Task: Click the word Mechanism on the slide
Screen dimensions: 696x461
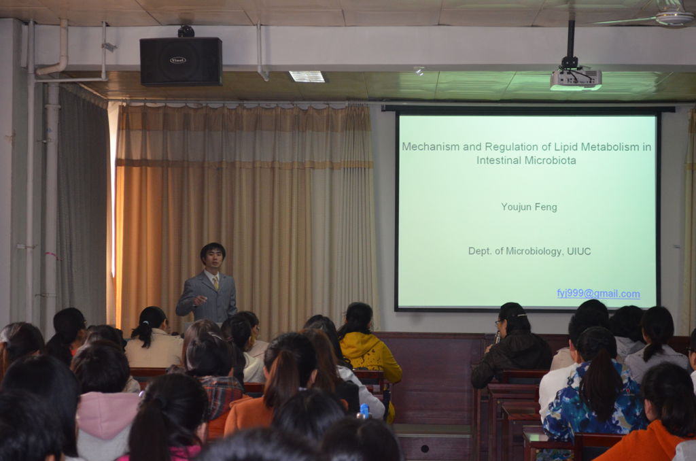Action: coord(431,147)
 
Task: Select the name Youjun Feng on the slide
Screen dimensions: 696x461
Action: coord(529,207)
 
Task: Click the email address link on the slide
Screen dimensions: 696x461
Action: coord(598,294)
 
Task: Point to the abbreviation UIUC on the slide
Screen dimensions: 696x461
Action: coord(579,252)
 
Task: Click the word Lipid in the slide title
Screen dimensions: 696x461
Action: coord(566,147)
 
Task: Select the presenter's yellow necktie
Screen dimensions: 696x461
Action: coord(215,282)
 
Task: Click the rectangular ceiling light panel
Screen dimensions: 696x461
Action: coord(307,76)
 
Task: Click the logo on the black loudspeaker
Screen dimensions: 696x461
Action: coord(178,60)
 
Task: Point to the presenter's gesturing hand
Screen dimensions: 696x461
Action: coord(199,301)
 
